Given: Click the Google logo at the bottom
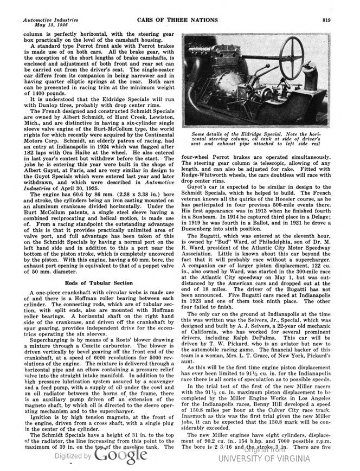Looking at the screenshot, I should click(117, 456).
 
